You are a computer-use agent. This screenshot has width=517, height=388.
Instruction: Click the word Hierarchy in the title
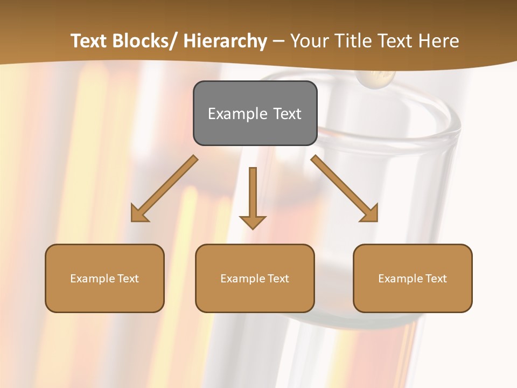[x=225, y=41]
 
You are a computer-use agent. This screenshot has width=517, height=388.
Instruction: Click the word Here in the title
[x=437, y=41]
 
